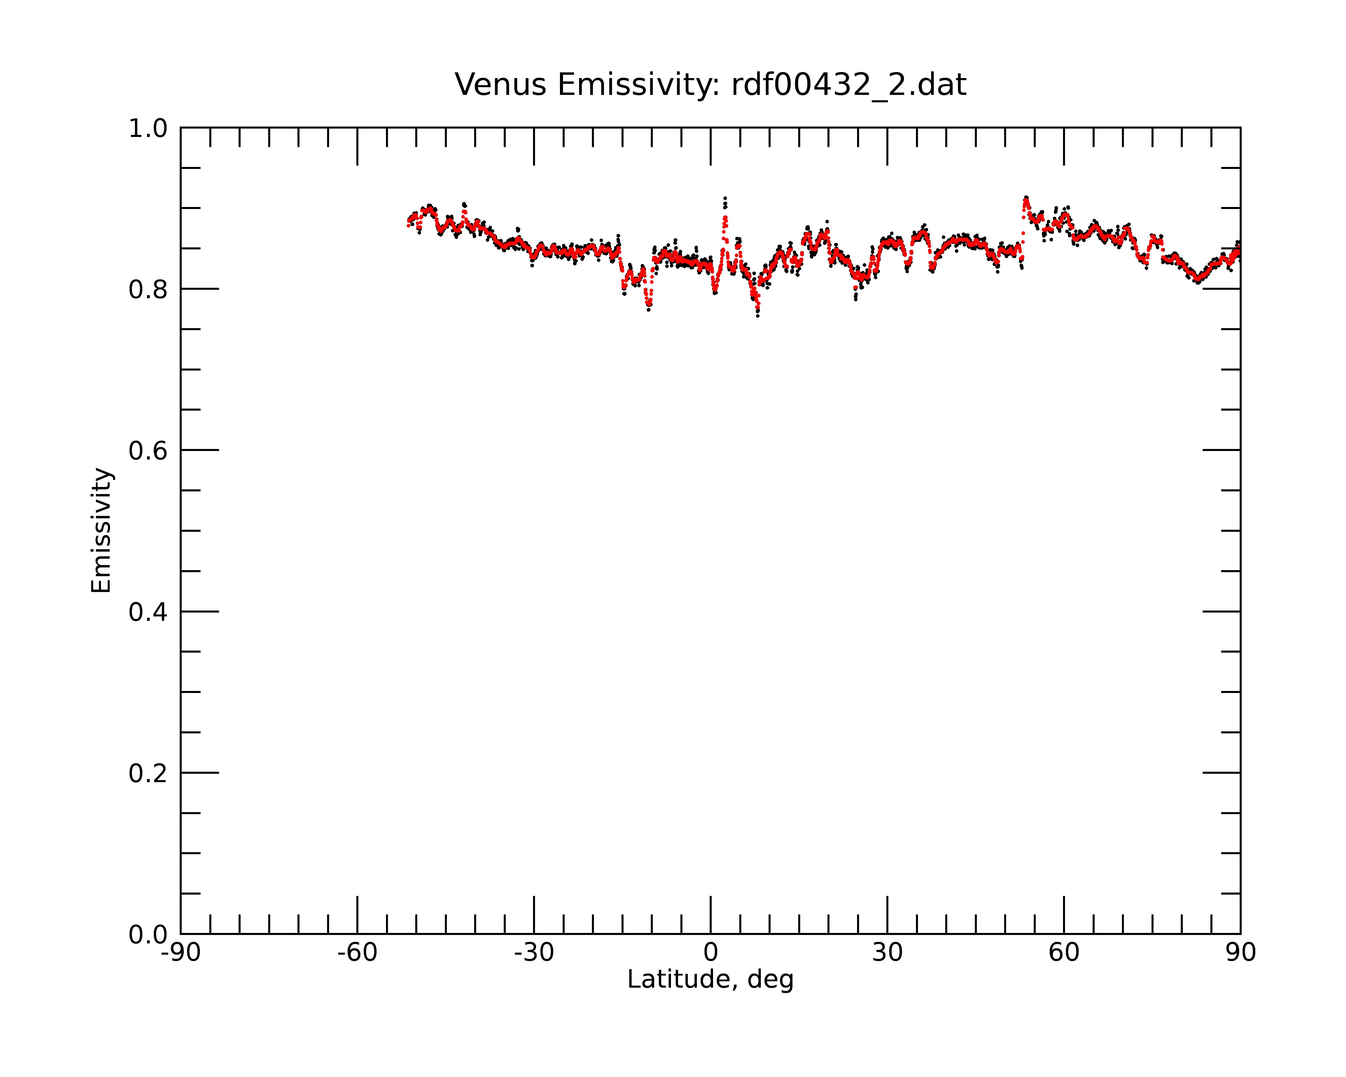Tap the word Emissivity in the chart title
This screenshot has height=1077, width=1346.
639,85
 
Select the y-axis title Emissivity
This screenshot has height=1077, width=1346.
101,530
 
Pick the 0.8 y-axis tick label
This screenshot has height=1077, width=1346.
148,290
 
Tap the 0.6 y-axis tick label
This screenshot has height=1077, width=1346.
148,451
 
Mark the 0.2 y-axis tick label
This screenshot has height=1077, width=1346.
148,773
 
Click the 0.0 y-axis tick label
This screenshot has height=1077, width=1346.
148,935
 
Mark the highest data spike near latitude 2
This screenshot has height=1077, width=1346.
725,199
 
